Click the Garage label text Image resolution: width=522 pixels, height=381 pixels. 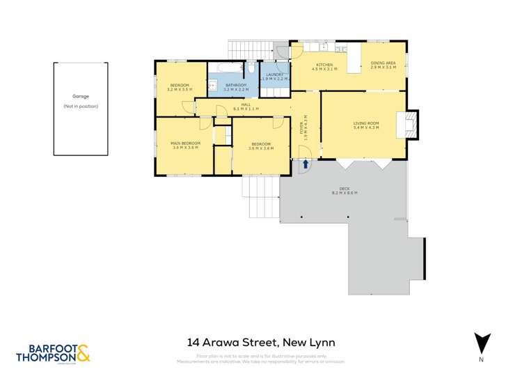pyautogui.click(x=81, y=97)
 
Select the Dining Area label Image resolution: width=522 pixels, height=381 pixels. pyautogui.click(x=383, y=65)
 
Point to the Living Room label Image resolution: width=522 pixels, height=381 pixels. pyautogui.click(x=366, y=125)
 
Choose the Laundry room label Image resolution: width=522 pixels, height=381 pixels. pyautogui.click(x=274, y=77)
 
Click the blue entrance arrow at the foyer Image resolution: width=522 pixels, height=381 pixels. pyautogui.click(x=305, y=164)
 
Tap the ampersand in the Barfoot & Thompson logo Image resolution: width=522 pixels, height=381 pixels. pyautogui.click(x=83, y=354)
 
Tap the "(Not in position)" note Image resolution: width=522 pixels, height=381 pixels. pyautogui.click(x=81, y=106)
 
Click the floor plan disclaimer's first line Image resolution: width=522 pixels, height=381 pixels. pyautogui.click(x=271, y=356)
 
